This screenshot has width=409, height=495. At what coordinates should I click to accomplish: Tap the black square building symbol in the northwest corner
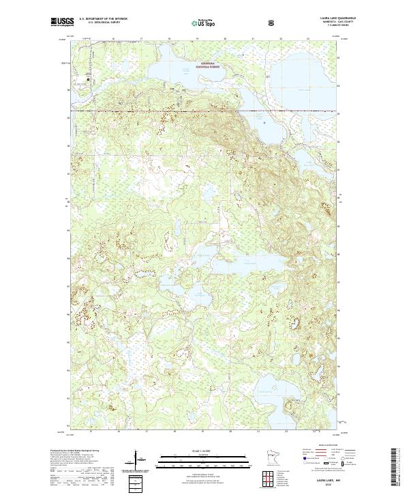tap(88, 79)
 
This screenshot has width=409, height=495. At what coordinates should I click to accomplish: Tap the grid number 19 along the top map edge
tap(197, 40)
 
